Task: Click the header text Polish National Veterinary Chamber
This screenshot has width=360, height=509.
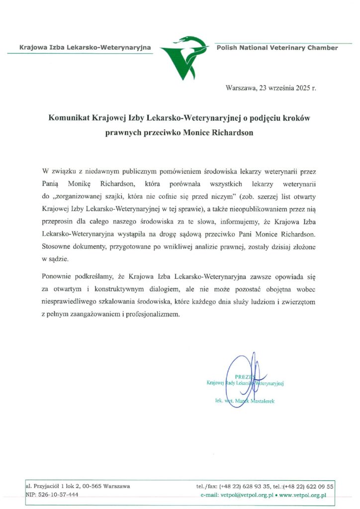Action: pyautogui.click(x=277, y=48)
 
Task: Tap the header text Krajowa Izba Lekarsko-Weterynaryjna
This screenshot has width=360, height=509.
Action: pyautogui.click(x=85, y=48)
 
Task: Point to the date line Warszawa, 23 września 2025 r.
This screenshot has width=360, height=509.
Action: pyautogui.click(x=270, y=88)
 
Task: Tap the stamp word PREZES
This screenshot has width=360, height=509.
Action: pyautogui.click(x=243, y=376)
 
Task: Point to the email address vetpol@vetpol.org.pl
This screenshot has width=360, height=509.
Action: pyautogui.click(x=245, y=495)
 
